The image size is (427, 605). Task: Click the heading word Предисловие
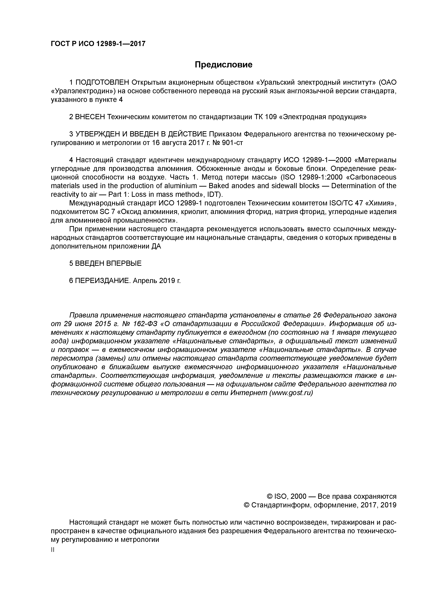(x=223, y=65)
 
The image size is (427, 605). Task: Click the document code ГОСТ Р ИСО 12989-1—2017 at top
(x=98, y=43)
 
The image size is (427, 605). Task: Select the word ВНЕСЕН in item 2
(x=90, y=117)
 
